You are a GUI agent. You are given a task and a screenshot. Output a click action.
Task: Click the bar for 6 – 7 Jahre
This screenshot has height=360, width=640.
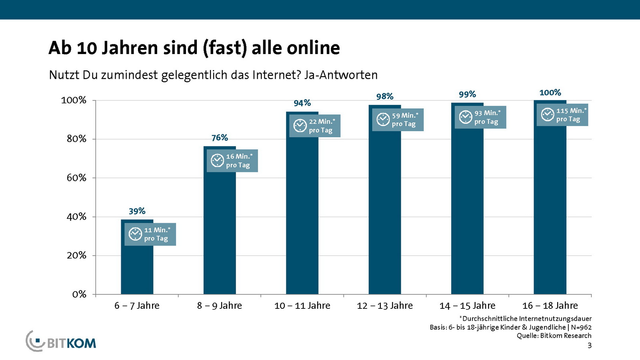click(x=137, y=268)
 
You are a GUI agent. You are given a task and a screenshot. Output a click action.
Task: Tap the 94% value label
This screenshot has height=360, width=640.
click(x=302, y=103)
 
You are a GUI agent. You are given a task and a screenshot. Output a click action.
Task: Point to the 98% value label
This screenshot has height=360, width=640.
click(x=385, y=96)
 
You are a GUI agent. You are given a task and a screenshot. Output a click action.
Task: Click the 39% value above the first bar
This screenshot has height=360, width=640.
click(x=137, y=211)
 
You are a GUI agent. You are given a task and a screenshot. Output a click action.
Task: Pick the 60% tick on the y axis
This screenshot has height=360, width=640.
click(x=76, y=178)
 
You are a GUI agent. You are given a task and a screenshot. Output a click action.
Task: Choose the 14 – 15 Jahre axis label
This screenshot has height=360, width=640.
click(x=467, y=306)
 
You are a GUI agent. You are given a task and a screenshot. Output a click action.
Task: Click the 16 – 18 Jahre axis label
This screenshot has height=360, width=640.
click(x=550, y=306)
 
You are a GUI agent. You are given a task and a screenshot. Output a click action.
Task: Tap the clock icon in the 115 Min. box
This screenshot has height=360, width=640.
click(x=547, y=115)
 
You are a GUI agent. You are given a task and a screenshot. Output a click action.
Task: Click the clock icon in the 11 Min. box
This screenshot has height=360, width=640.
click(x=135, y=234)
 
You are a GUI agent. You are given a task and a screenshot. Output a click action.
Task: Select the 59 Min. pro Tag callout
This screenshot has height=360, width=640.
click(x=398, y=120)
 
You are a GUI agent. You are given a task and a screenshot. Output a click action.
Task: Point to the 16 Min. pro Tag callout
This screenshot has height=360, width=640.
click(x=232, y=161)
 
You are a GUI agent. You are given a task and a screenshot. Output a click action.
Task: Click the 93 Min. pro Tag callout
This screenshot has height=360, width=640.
click(x=480, y=117)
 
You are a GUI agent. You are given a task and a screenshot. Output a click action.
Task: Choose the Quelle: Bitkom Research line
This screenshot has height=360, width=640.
click(x=554, y=336)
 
